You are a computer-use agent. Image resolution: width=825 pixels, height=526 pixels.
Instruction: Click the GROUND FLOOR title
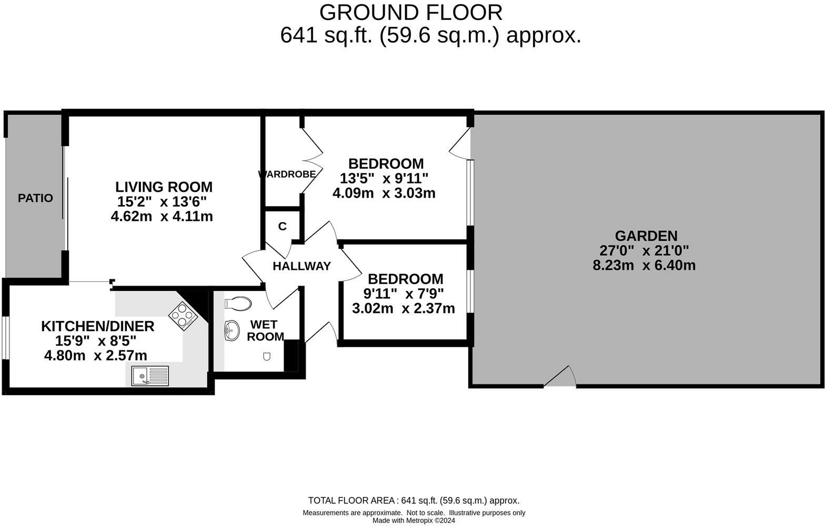(x=410, y=12)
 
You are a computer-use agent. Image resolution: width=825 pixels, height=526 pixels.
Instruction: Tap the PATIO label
(x=35, y=198)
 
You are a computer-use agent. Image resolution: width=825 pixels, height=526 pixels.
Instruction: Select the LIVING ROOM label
(x=164, y=187)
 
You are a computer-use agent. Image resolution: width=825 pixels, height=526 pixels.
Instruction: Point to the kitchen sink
(x=150, y=376)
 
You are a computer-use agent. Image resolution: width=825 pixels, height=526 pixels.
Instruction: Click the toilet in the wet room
(x=238, y=304)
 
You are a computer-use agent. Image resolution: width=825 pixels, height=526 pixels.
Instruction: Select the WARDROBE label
(x=287, y=174)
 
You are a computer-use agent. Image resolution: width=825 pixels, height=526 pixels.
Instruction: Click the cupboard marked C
(x=283, y=226)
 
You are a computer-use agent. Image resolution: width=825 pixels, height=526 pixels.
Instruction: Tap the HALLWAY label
(x=301, y=266)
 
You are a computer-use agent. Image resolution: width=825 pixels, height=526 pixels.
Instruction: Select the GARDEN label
(x=646, y=236)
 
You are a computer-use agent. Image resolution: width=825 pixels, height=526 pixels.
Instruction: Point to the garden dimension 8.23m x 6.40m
(x=644, y=265)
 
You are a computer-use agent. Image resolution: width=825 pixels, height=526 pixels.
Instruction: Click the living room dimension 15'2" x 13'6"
(x=162, y=201)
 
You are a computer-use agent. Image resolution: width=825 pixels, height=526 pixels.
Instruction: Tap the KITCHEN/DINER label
(x=98, y=326)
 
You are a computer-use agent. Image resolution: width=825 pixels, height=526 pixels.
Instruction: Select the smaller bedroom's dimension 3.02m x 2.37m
(x=403, y=308)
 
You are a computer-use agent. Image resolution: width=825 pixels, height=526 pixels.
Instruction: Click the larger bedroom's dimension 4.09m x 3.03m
(x=384, y=193)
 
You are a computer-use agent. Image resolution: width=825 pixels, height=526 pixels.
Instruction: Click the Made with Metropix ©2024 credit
(x=414, y=521)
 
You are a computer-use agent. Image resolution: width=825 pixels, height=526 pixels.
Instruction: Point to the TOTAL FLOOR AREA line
(x=414, y=500)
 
